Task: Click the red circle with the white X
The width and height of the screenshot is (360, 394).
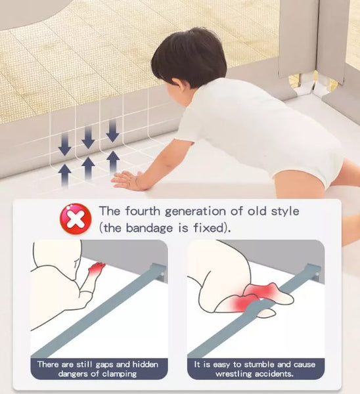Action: (x=76, y=219)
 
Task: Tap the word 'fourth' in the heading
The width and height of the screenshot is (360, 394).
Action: (x=143, y=211)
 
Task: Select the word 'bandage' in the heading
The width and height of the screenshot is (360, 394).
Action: (x=149, y=228)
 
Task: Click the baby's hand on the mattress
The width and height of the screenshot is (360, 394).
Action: (x=127, y=180)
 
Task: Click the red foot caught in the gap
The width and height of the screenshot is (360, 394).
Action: (x=96, y=269)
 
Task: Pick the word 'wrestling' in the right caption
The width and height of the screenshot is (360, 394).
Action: (x=234, y=374)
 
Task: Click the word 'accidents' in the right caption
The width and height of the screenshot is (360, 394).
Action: (x=273, y=374)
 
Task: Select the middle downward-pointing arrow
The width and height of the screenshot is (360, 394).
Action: (x=88, y=137)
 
